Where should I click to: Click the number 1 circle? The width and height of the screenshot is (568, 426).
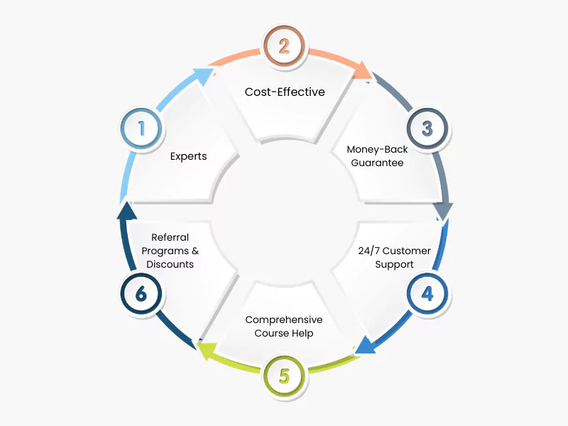[x=141, y=129]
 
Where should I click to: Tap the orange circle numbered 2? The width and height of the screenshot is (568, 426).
[x=284, y=46]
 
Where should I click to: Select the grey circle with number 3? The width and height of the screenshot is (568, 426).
[x=427, y=129]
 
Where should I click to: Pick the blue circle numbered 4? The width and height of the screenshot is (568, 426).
[x=427, y=293]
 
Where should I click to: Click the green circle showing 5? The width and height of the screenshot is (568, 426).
[x=284, y=375]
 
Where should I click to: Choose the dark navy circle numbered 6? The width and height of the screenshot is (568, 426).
[x=141, y=293]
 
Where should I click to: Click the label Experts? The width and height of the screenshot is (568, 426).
[x=188, y=156]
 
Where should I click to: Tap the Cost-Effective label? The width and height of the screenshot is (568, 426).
[x=285, y=92]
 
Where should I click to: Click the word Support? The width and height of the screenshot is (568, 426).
[x=395, y=264]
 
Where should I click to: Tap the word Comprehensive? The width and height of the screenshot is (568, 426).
[x=284, y=319]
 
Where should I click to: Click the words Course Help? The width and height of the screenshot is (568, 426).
[x=284, y=333]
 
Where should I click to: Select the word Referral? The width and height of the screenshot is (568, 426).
[x=170, y=237]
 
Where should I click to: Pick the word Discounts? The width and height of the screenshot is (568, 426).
[x=170, y=264]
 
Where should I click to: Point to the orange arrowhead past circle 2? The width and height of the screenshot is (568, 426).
[x=364, y=70]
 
